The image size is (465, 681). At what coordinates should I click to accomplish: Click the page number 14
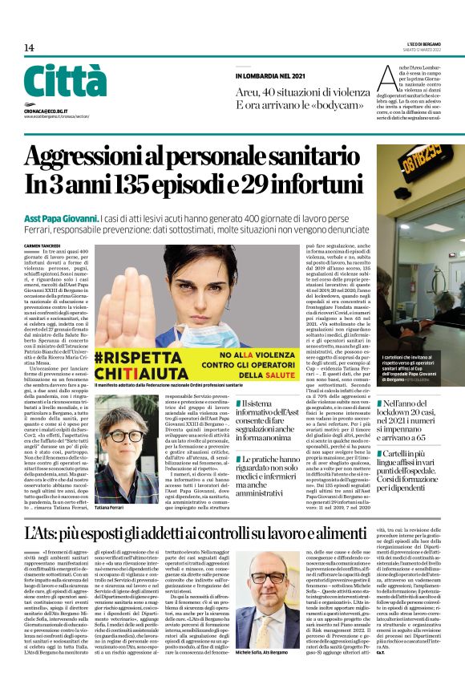click(29, 47)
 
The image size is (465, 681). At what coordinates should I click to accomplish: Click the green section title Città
click(65, 81)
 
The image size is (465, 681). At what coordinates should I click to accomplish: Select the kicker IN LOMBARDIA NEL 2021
click(270, 75)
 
